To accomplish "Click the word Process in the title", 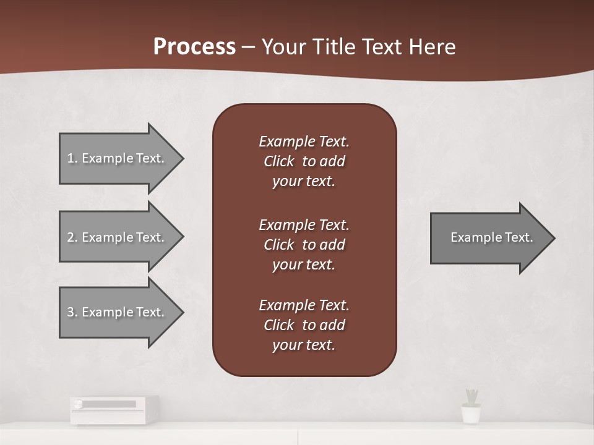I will [x=194, y=47].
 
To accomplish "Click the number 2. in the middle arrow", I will [x=72, y=237].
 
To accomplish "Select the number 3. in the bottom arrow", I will [x=72, y=312].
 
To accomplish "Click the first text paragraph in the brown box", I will [x=304, y=161].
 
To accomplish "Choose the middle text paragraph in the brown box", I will [x=304, y=244].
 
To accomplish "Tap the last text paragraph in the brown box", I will [x=304, y=325].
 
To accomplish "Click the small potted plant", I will [x=471, y=397].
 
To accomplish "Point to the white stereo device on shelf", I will [x=114, y=409].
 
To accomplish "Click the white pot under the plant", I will [x=471, y=414].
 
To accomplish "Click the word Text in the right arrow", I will [x=519, y=237].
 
